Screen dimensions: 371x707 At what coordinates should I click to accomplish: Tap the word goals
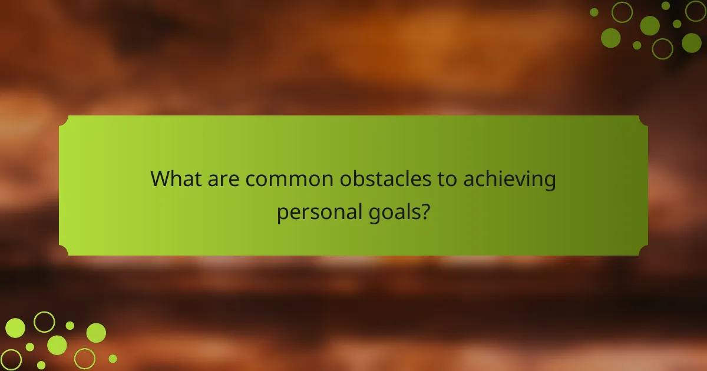coord(394,212)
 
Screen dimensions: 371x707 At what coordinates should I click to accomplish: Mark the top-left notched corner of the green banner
coord(64,120)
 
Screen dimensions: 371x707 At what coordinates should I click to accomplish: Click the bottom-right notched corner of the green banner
coord(643,251)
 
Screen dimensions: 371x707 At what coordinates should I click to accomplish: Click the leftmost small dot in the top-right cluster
coord(594,12)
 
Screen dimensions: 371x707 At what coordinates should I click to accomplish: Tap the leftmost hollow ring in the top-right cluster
coord(622,12)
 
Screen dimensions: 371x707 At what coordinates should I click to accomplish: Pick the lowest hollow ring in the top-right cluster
coord(663,48)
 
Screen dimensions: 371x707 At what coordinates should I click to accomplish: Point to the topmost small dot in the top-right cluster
coord(666,5)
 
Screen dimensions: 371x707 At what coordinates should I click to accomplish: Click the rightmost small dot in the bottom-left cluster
coord(113,358)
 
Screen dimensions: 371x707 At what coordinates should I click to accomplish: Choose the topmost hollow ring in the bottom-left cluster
coord(44,322)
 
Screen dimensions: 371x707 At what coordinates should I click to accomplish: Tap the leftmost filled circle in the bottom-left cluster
coord(15,328)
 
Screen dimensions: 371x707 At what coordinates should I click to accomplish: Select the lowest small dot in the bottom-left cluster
coord(41,365)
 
